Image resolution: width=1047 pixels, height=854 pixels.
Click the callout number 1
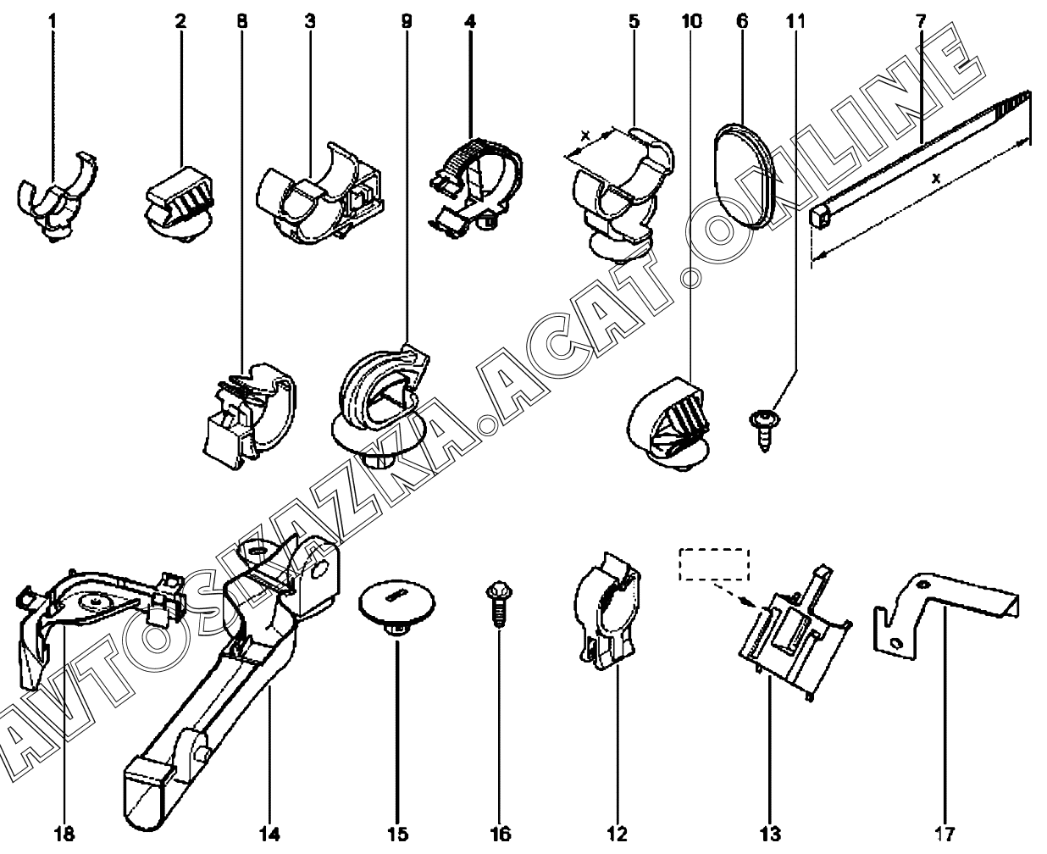53,21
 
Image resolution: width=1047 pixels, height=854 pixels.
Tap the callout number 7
921,21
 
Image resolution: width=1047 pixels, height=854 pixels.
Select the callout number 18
64,834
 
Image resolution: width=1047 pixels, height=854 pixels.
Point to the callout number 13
770,834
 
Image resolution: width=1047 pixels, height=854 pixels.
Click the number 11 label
795,21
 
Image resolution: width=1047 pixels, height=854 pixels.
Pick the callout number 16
500,834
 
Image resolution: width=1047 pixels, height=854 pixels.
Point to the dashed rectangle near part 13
714,564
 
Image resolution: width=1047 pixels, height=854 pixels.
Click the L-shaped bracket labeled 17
945,616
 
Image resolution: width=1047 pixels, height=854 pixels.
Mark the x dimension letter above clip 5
586,134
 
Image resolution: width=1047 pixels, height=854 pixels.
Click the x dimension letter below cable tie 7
935,178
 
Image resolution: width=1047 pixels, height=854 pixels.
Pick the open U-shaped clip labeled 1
58,197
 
